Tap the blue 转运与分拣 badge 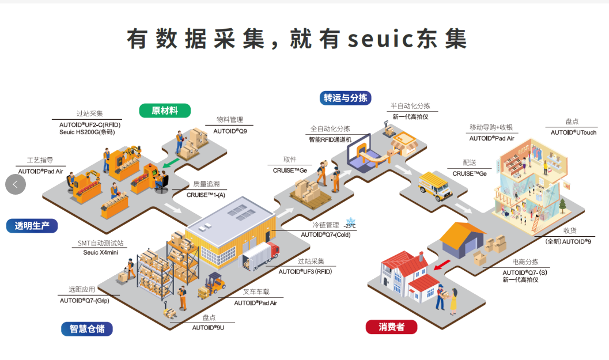tap(345, 97)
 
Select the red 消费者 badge tap(392, 327)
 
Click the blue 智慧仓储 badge tap(87, 329)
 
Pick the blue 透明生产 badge tap(32, 226)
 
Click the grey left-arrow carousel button tap(16, 184)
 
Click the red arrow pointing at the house tap(442, 266)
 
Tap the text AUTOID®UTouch tap(573, 132)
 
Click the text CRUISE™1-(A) tap(206, 195)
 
